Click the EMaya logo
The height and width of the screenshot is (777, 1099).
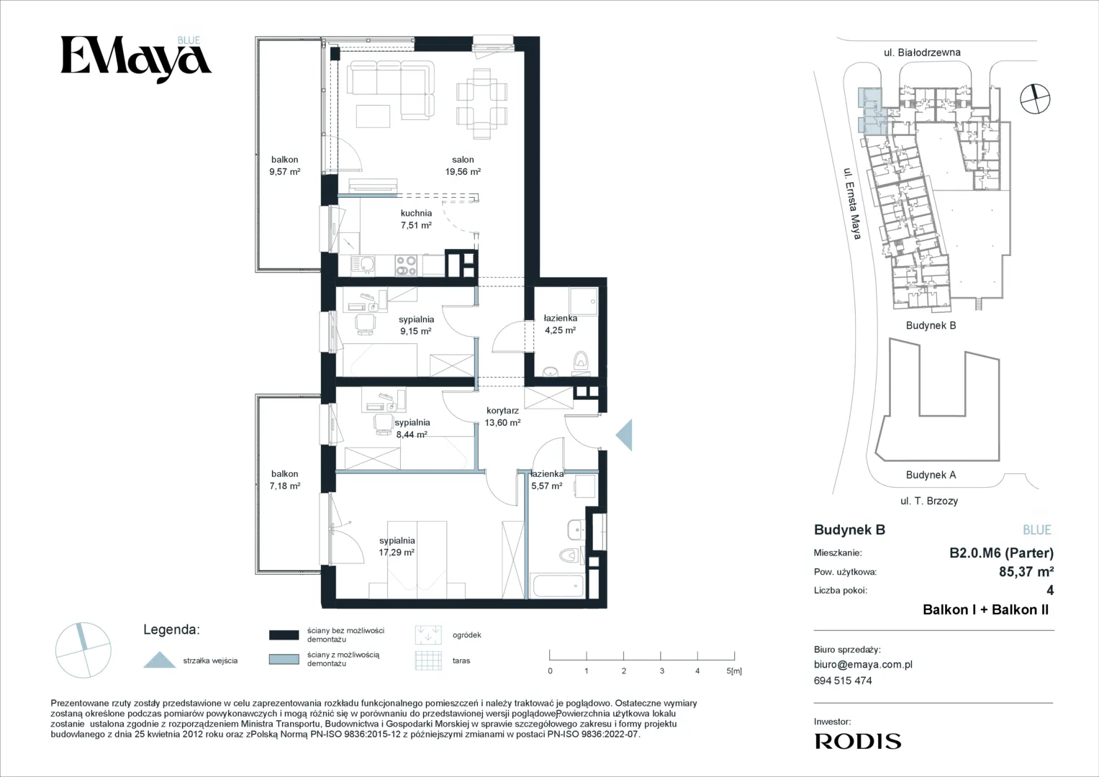coord(136,59)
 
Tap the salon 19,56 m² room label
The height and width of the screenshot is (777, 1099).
coord(463,165)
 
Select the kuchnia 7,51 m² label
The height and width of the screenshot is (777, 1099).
coord(416,219)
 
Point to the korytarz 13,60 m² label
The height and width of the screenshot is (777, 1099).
coord(502,417)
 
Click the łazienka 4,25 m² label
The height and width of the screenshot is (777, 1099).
coord(560,324)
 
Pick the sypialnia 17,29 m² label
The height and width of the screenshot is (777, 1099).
coord(397,547)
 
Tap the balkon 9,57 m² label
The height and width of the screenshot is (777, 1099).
coord(284,165)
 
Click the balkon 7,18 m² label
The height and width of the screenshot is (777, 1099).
coord(284,480)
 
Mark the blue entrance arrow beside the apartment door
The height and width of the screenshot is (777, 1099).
coord(624,435)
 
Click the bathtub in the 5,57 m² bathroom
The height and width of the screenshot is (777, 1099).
coord(558,586)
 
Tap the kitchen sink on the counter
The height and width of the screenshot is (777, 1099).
coord(363,265)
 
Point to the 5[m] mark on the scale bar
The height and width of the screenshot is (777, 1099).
coord(734,671)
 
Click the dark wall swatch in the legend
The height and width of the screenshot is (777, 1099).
coord(284,635)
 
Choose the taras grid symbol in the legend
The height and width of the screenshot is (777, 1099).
coord(428,660)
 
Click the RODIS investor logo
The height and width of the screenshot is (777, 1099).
coord(858,741)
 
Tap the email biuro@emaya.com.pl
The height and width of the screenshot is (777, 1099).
coord(863,665)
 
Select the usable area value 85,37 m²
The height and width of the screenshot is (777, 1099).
coord(1026,571)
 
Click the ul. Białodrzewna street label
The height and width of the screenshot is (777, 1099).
coord(922,53)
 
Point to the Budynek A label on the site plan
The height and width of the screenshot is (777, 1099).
coord(931,475)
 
